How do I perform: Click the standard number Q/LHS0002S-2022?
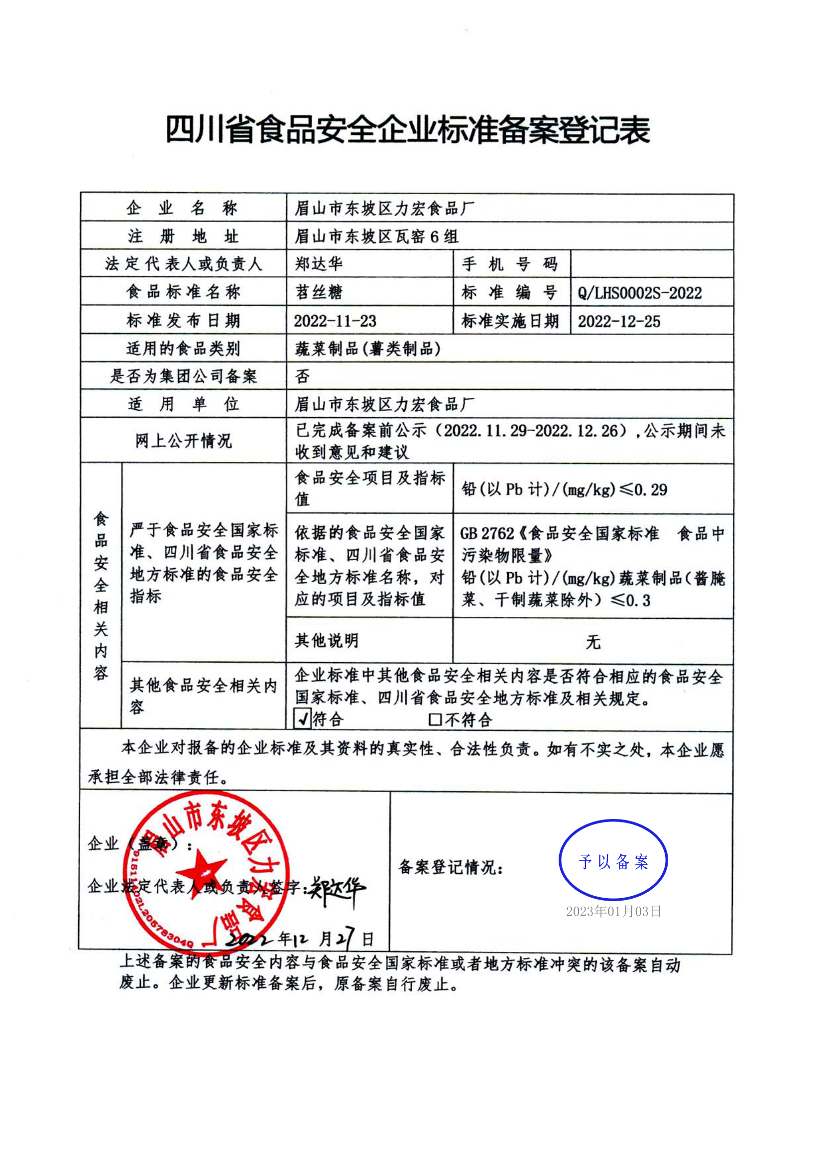pos(639,293)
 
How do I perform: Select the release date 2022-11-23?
pos(335,321)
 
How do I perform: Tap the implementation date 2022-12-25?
pos(619,322)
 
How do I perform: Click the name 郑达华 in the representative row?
pos(319,264)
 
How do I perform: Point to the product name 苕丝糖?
pos(319,292)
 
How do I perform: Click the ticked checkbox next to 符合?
pos(303,718)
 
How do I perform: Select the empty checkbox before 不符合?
pos(435,719)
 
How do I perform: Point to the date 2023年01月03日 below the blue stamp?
pos(613,912)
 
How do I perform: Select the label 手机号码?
pos(510,264)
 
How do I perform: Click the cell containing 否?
pos(303,376)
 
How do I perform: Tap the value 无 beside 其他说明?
pos(593,642)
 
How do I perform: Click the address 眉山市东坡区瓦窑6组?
pos(376,236)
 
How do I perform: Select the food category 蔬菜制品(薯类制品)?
pos(367,349)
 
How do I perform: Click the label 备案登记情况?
pos(450,867)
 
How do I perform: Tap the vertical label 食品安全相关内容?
pos(101,595)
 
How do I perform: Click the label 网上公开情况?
pos(183,441)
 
